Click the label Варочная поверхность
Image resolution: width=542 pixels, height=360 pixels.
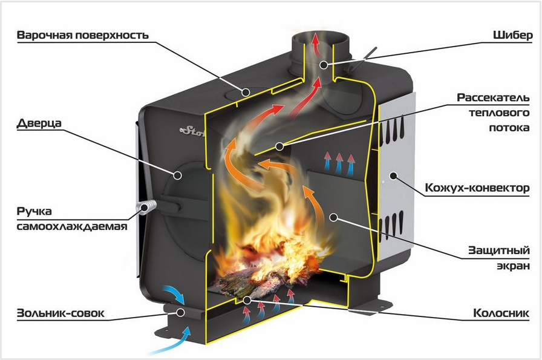tap(83, 35)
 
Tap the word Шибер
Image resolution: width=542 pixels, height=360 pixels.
tap(512, 35)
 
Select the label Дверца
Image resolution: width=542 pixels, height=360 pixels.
tap(39, 123)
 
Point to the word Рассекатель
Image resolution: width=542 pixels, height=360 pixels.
tap(493, 97)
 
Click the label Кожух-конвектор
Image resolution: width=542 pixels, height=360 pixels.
tap(477, 188)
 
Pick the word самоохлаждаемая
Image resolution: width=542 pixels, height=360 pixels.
tap(72, 226)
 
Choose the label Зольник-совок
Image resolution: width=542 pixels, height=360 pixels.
tap(60, 313)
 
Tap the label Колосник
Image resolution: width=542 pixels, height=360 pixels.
tap(501, 313)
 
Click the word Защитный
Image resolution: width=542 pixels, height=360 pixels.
tap(499, 250)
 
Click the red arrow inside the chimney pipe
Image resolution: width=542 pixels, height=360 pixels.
tap(315, 43)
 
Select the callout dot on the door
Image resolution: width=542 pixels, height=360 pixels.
tap(178, 175)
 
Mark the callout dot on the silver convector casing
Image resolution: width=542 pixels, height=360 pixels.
tap(393, 175)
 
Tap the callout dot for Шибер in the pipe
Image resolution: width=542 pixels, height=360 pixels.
tap(324, 64)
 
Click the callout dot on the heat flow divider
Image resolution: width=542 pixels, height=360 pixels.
tap(279, 146)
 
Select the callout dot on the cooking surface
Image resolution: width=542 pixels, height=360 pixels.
tap(246, 92)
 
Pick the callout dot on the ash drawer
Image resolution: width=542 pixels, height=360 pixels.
tap(180, 313)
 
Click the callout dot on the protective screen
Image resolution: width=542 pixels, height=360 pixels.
tap(333, 217)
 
